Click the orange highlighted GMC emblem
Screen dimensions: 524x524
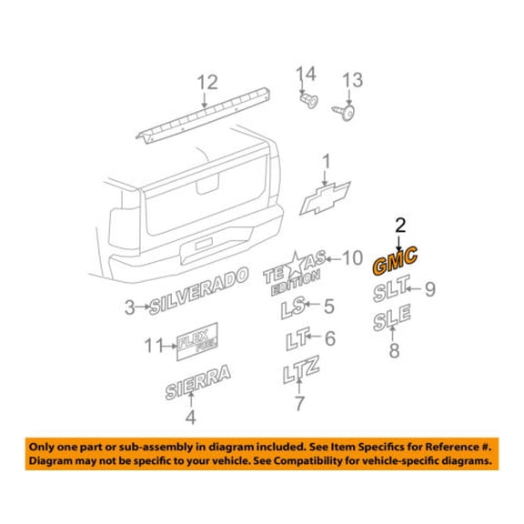tap(395, 261)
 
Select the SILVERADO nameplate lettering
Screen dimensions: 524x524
tap(198, 291)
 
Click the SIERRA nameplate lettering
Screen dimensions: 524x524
tap(197, 383)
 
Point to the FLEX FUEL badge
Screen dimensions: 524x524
tap(197, 341)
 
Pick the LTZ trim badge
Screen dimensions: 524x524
tap(301, 369)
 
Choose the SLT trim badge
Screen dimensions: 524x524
tap(391, 288)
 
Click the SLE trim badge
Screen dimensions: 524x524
tap(392, 317)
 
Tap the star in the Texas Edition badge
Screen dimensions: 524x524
tap(296, 265)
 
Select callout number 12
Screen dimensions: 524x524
tap(207, 82)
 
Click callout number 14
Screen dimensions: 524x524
tap(306, 75)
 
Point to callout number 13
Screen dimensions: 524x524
tap(352, 80)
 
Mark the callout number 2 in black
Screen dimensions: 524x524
tap(400, 226)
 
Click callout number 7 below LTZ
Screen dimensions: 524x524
tap(299, 403)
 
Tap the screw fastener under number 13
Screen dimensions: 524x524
tap(344, 112)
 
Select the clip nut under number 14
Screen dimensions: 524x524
tap(308, 101)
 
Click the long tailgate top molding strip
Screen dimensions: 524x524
tap(203, 116)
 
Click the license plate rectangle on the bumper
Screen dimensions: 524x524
tap(204, 244)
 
